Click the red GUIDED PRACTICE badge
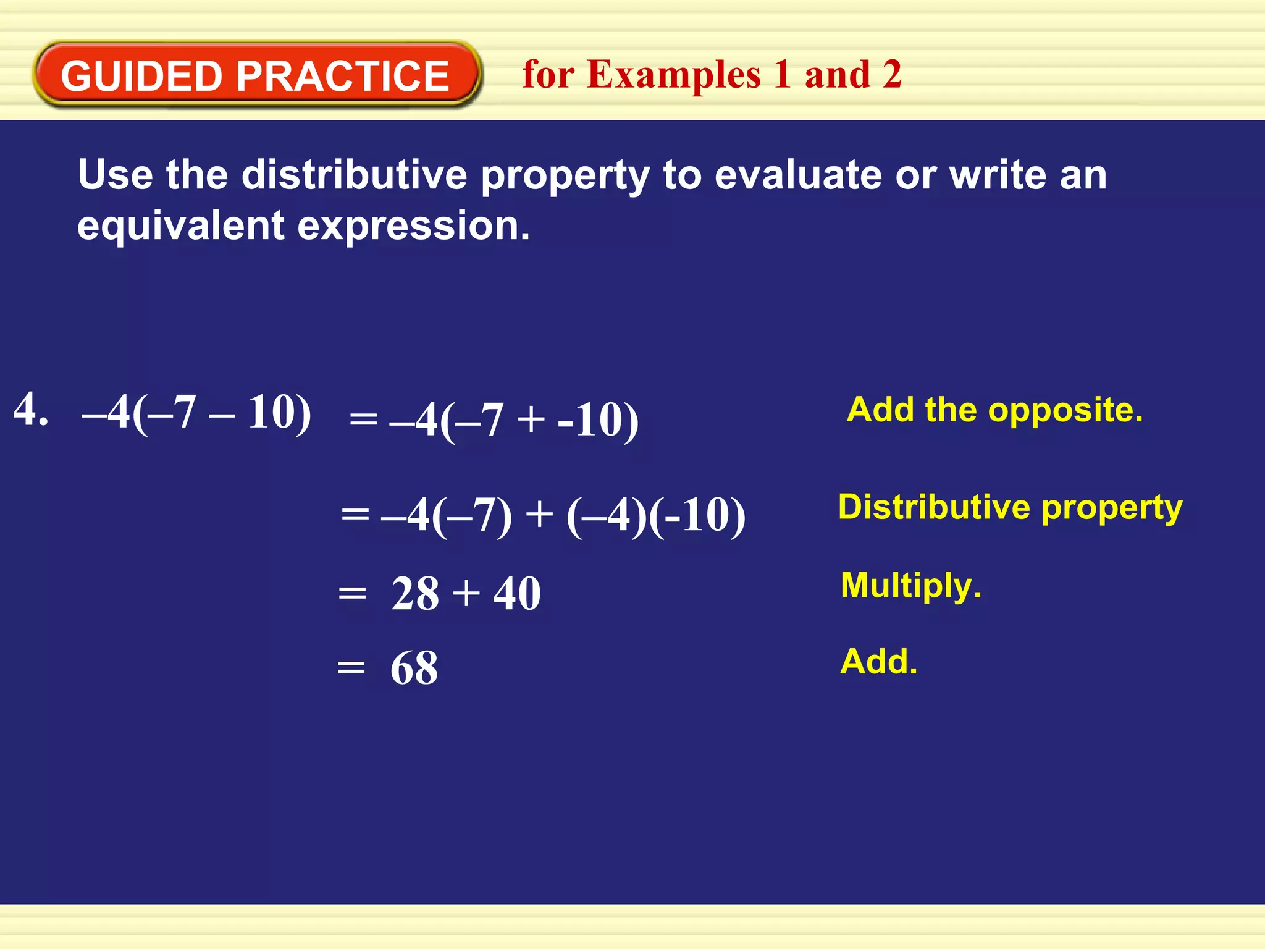[x=255, y=75]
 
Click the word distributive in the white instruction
[x=354, y=175]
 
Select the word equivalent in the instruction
[x=181, y=226]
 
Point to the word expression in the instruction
[x=413, y=227]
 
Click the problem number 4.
[x=30, y=410]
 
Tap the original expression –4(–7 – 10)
[x=196, y=413]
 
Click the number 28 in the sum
[x=415, y=594]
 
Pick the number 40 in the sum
[x=517, y=594]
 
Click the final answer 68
[x=414, y=669]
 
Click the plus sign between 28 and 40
[x=466, y=594]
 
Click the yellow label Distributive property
[x=1010, y=508]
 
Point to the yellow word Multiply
[x=910, y=586]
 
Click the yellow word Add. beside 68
[x=879, y=662]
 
